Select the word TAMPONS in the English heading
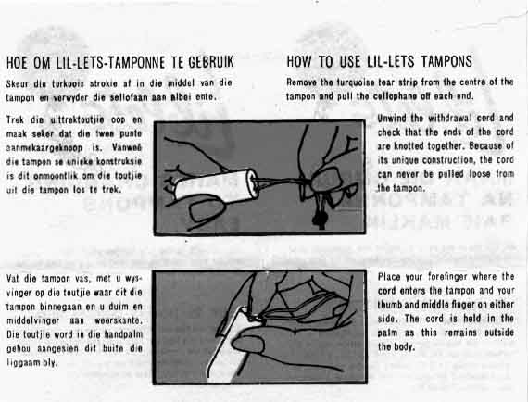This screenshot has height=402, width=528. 446,61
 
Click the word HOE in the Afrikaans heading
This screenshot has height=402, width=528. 17,63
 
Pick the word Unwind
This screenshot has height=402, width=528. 390,119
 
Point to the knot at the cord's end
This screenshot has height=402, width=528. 320,219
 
